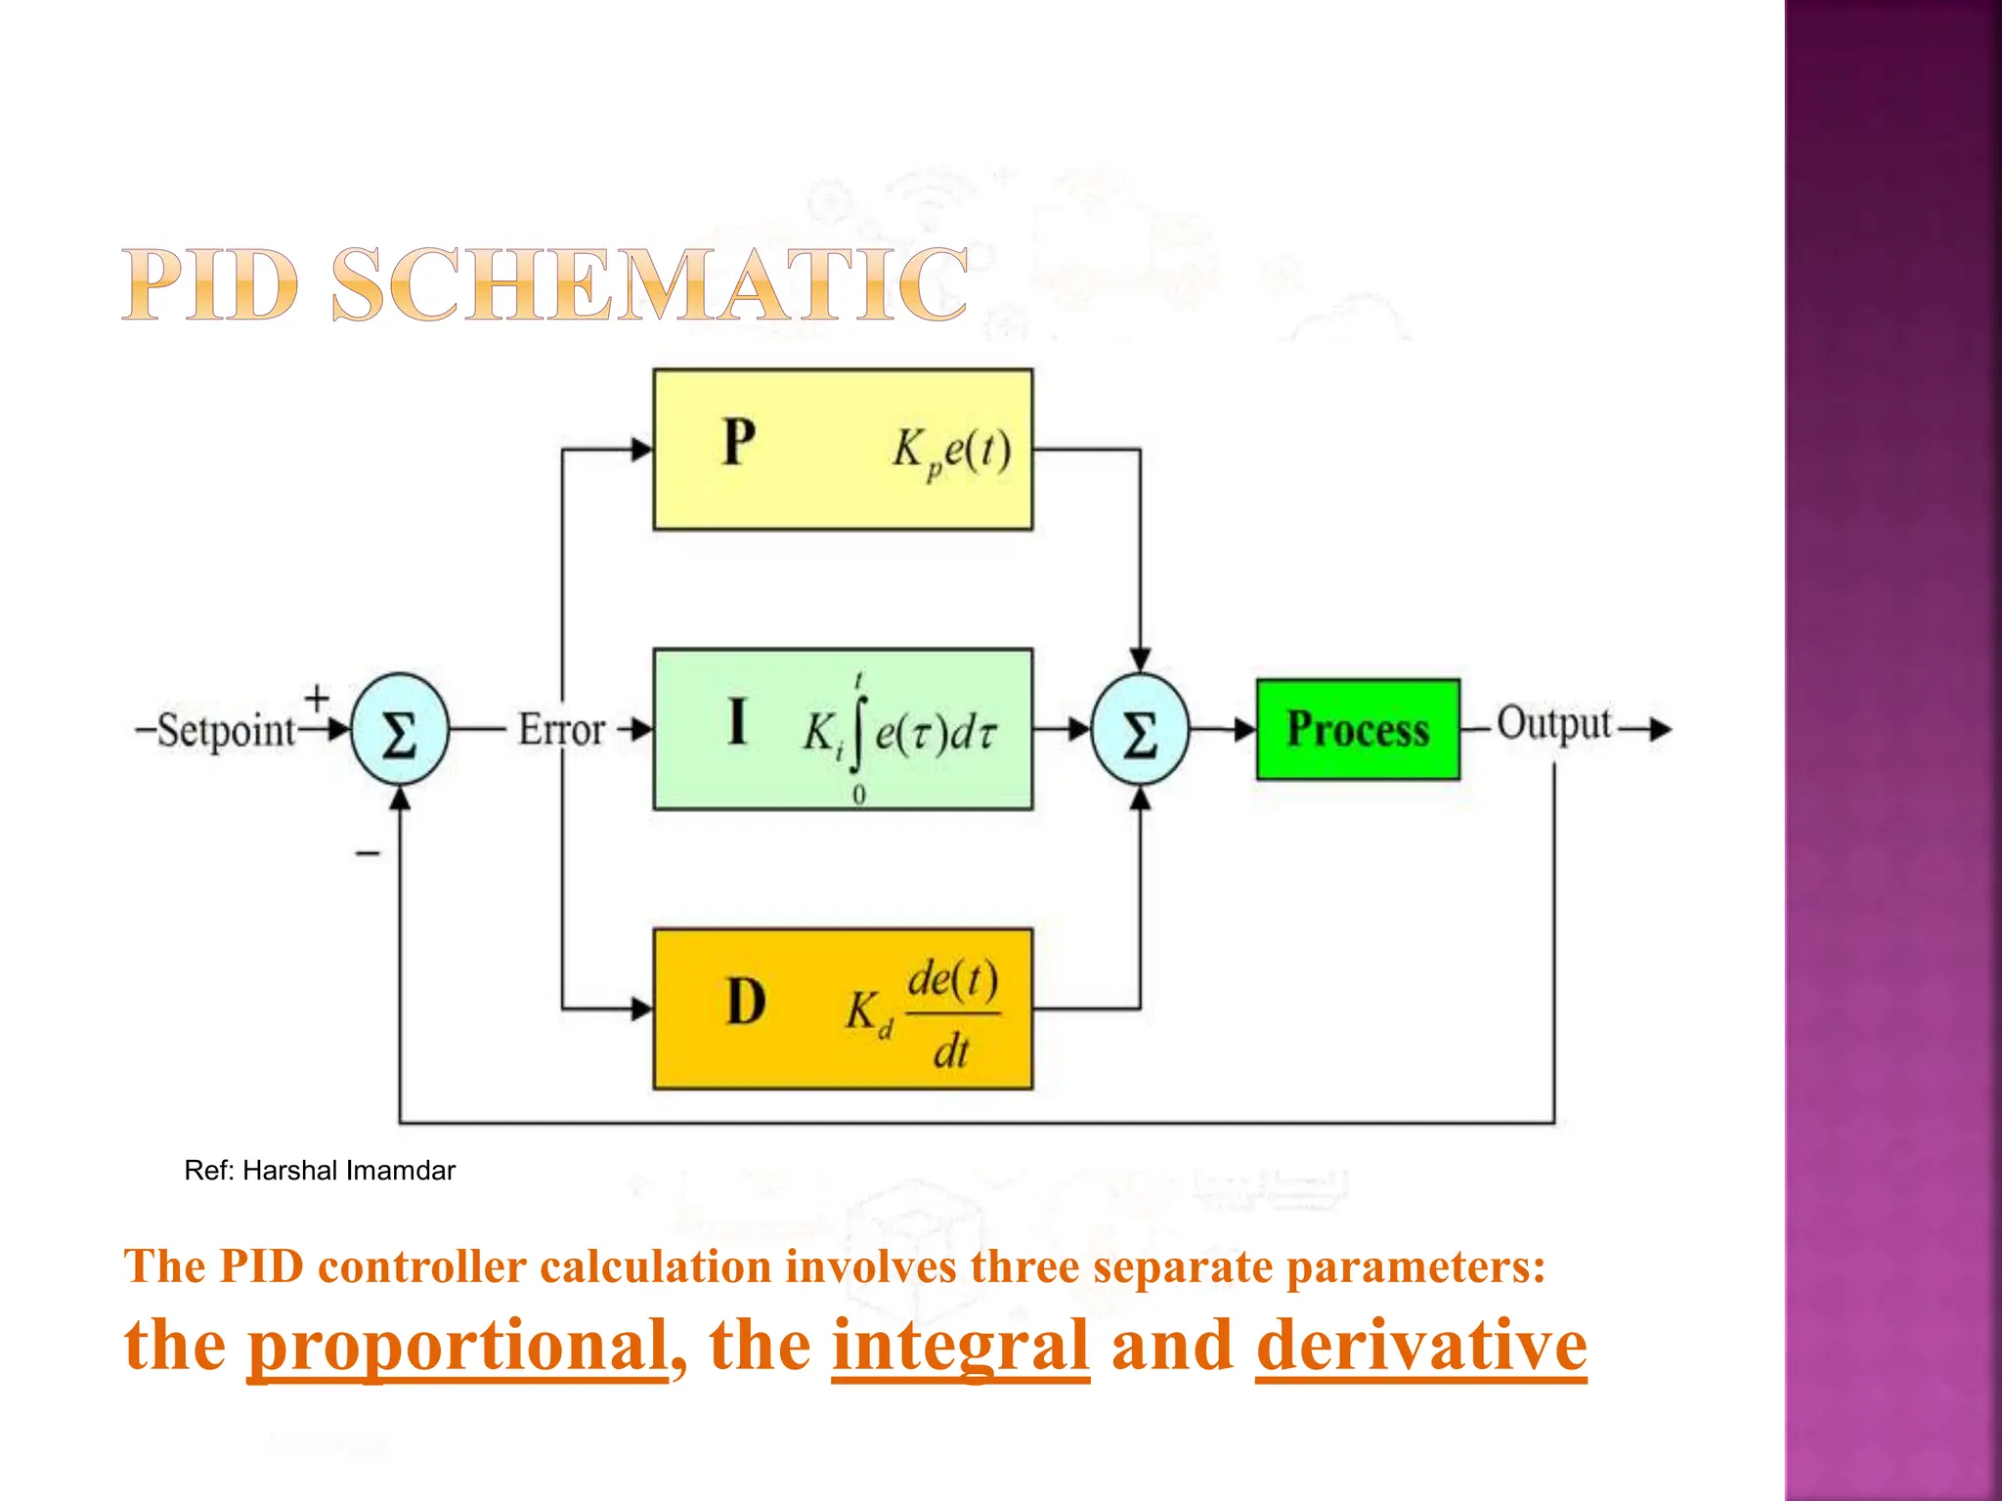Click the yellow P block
click(843, 450)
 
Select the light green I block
click(843, 729)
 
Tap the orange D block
click(843, 1008)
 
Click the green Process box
click(1358, 729)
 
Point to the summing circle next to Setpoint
click(399, 730)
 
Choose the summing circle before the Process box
click(1140, 730)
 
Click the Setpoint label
click(226, 730)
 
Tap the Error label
click(561, 730)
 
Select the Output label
click(1553, 724)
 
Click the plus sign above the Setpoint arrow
click(317, 698)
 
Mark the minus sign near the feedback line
click(368, 854)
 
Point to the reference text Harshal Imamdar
click(349, 1171)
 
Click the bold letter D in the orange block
click(746, 1003)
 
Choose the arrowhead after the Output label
click(1660, 729)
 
